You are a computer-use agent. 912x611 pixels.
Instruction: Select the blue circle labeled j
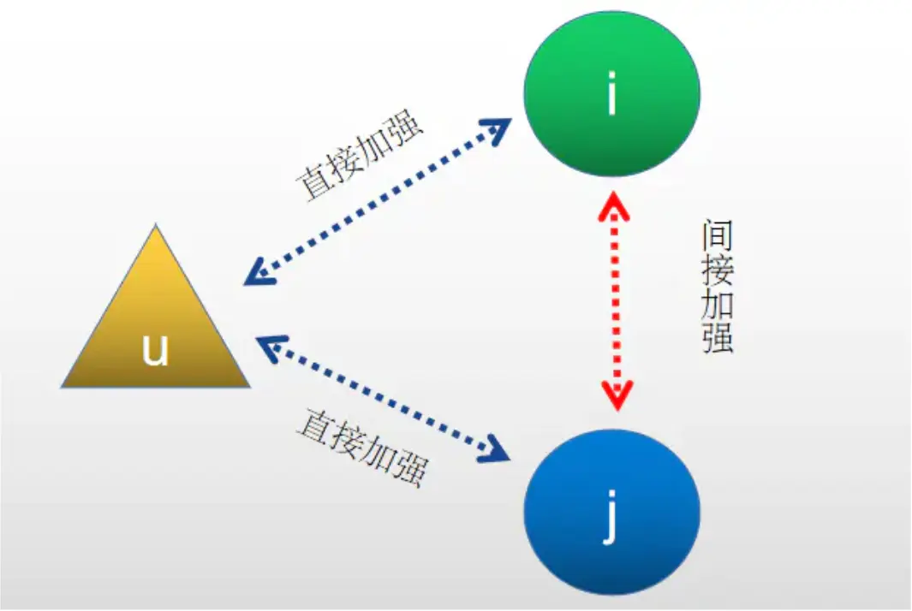tap(611, 510)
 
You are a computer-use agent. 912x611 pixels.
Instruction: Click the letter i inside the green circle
tap(611, 95)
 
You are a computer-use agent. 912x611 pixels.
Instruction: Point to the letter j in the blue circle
tap(611, 517)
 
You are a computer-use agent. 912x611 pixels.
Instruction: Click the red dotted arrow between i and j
tap(615, 300)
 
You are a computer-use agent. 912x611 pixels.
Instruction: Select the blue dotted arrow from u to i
tap(377, 200)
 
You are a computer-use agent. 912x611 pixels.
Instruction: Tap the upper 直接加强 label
tap(360, 155)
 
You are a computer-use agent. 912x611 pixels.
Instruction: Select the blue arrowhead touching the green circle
tap(495, 129)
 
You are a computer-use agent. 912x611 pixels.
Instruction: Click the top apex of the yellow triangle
tap(156, 228)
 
